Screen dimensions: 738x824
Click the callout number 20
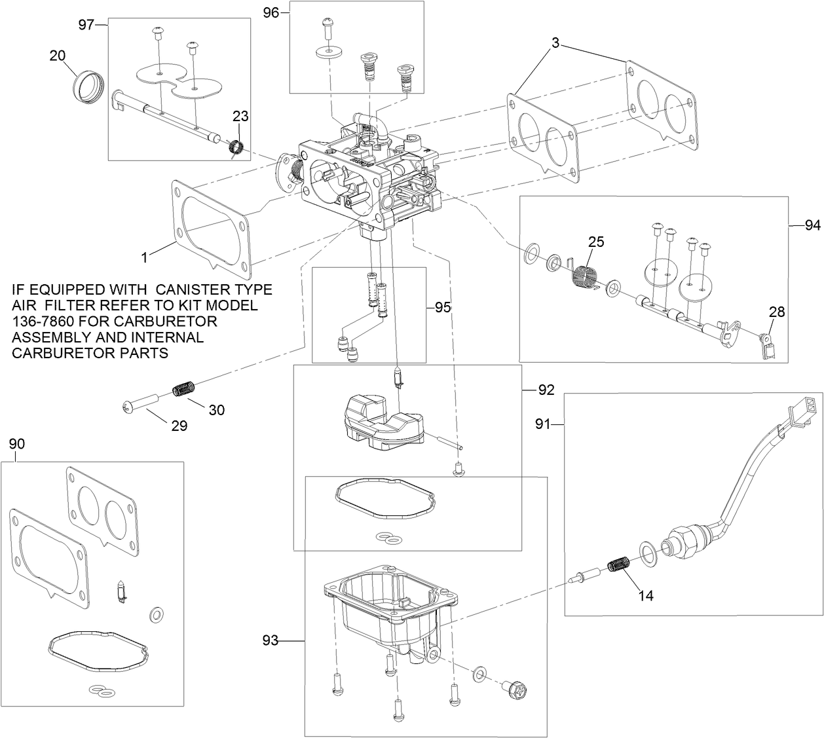(x=58, y=56)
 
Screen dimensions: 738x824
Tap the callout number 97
(x=86, y=24)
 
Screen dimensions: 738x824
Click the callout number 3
(x=555, y=44)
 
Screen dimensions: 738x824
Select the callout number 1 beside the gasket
(x=145, y=257)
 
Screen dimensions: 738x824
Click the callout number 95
(x=443, y=306)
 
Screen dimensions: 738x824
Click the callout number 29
(x=179, y=426)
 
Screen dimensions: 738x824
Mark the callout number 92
(x=546, y=390)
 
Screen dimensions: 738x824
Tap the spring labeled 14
(x=619, y=564)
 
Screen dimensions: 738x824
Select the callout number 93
(x=271, y=640)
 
